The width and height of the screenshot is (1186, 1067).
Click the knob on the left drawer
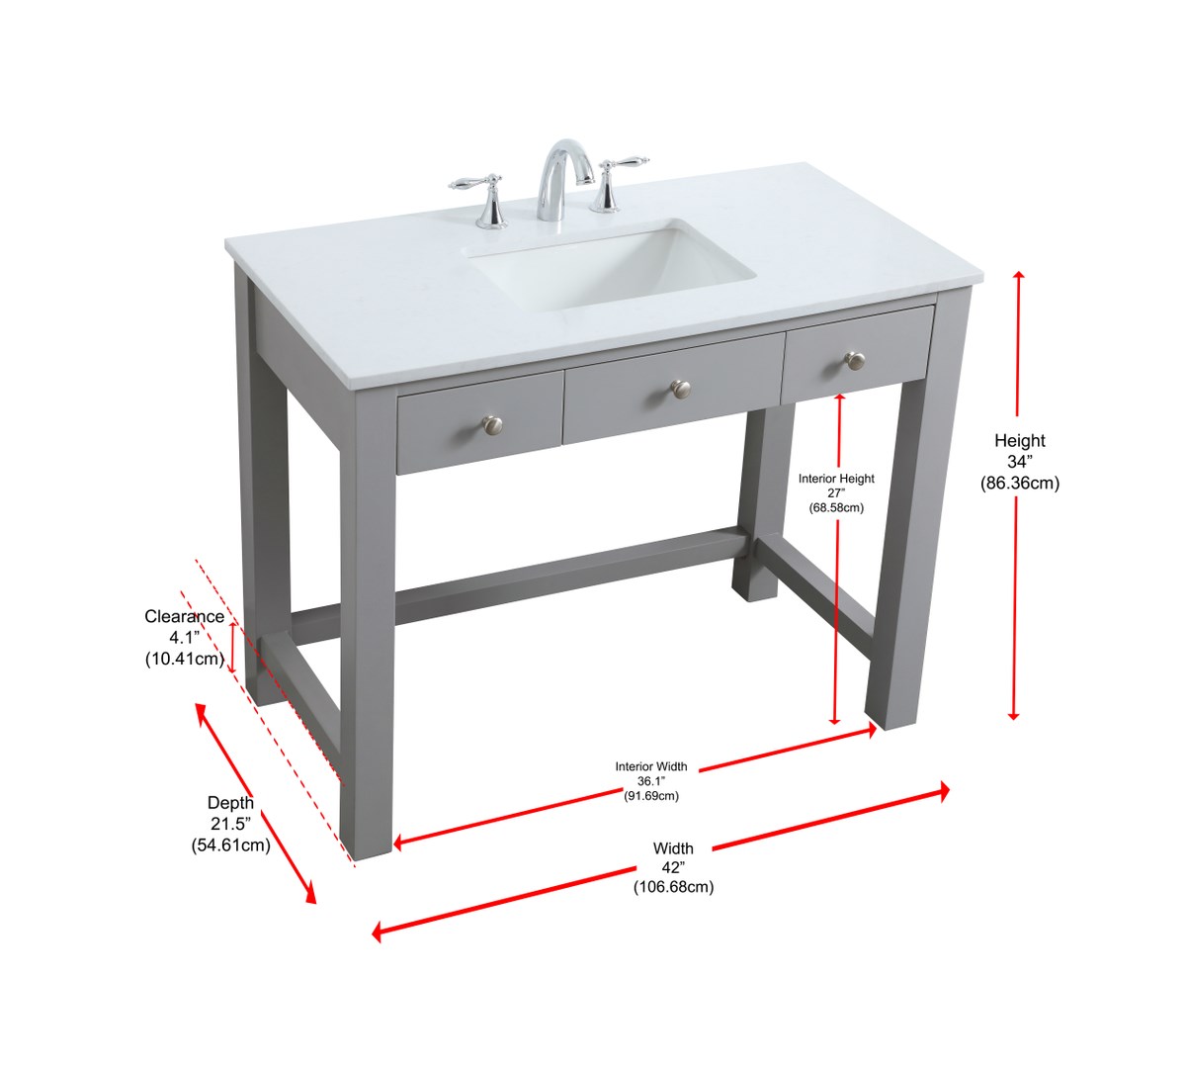tap(492, 423)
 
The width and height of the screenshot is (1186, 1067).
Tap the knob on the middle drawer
tap(681, 389)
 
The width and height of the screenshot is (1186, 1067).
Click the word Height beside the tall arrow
tap(1020, 440)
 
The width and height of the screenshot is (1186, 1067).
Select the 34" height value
tap(1020, 462)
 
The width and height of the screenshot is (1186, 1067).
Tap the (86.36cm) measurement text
tap(1020, 484)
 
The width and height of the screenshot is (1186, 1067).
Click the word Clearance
tap(185, 616)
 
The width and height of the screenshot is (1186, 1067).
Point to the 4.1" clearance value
tap(185, 638)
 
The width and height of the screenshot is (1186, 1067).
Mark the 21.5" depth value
tap(230, 824)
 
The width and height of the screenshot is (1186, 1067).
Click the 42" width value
tap(673, 868)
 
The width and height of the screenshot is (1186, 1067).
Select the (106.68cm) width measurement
tap(673, 887)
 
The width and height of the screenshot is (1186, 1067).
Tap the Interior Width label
tap(651, 766)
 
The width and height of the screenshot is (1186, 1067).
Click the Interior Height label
tap(836, 479)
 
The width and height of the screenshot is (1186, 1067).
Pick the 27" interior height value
tap(836, 493)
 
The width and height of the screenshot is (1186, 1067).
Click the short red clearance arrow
tap(233, 648)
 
